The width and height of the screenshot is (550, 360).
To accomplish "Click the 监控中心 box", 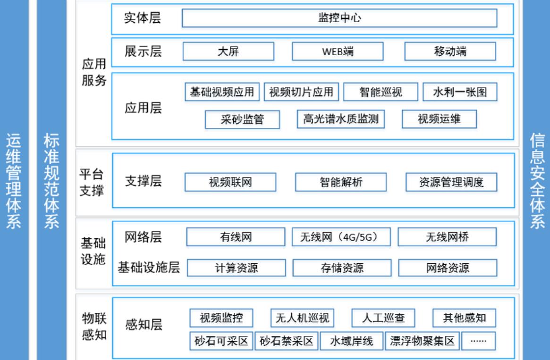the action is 339,18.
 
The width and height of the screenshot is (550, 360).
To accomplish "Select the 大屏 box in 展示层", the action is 228,51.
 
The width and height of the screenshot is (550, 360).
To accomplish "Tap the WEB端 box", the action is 338,51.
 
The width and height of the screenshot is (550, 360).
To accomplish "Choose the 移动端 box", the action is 450,51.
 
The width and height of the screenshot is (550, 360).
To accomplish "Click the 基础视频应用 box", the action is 222,92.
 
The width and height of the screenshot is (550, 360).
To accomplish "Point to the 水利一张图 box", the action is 460,92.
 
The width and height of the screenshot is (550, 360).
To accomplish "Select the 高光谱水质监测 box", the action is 340,119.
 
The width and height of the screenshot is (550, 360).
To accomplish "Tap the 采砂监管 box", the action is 242,119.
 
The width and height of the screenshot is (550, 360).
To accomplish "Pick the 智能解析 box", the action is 341,182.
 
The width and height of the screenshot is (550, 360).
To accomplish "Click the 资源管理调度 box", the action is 451,182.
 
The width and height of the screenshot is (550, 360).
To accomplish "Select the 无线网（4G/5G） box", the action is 341,237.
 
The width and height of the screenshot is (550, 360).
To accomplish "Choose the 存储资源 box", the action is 342,268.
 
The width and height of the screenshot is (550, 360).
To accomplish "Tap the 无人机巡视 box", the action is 302,318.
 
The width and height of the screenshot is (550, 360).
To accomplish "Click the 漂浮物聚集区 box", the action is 422,341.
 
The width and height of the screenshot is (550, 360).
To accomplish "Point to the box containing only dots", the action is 478,341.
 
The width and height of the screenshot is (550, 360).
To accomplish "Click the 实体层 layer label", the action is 143,18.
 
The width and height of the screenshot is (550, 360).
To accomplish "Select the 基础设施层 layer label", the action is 149,268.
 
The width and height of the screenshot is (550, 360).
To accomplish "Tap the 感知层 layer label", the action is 144,325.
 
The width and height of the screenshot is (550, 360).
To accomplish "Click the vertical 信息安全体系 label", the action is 537,181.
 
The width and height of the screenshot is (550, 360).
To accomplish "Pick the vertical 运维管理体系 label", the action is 14,181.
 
